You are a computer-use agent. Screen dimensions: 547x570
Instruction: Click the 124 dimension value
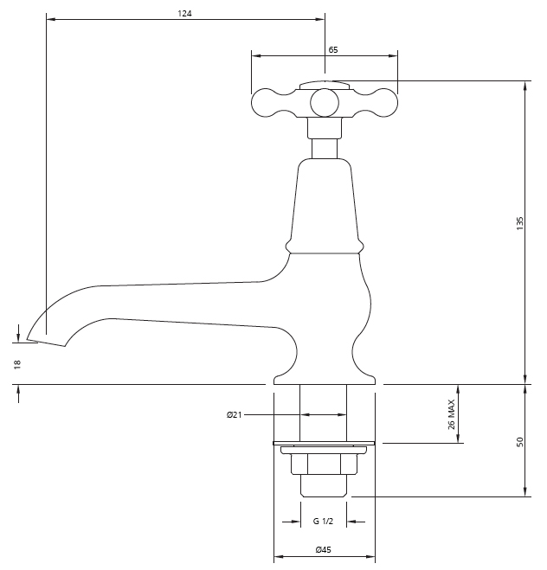(x=184, y=14)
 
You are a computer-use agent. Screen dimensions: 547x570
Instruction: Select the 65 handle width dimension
(x=332, y=50)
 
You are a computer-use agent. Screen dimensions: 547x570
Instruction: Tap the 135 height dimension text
(x=519, y=223)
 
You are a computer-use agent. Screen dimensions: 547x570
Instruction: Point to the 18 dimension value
(x=17, y=364)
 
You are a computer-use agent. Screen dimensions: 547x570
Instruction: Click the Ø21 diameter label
(x=234, y=414)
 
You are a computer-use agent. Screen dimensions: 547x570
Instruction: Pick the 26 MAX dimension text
(x=451, y=414)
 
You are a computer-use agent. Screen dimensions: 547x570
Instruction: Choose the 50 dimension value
(x=520, y=442)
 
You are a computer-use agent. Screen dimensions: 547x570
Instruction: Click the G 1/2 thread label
(x=323, y=522)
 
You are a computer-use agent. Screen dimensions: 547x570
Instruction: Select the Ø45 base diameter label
(x=324, y=549)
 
